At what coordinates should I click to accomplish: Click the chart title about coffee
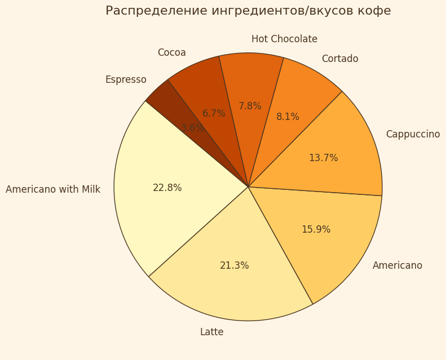pos(248,11)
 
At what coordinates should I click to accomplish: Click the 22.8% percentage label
pos(167,188)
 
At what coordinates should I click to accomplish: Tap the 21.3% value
pos(234,266)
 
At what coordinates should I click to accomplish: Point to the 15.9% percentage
pos(316,230)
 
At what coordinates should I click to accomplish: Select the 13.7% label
pos(323,158)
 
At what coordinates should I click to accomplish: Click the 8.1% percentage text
pos(288,117)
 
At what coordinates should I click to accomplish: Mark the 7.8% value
pos(250,106)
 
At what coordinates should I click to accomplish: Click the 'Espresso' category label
pos(126,80)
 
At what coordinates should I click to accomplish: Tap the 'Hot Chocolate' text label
pos(284,39)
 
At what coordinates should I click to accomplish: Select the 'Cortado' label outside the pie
pos(339,59)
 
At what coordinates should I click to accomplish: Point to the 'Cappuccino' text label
pos(413,135)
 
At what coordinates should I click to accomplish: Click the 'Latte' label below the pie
pos(211,332)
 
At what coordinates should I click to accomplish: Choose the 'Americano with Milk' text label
pos(53,190)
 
